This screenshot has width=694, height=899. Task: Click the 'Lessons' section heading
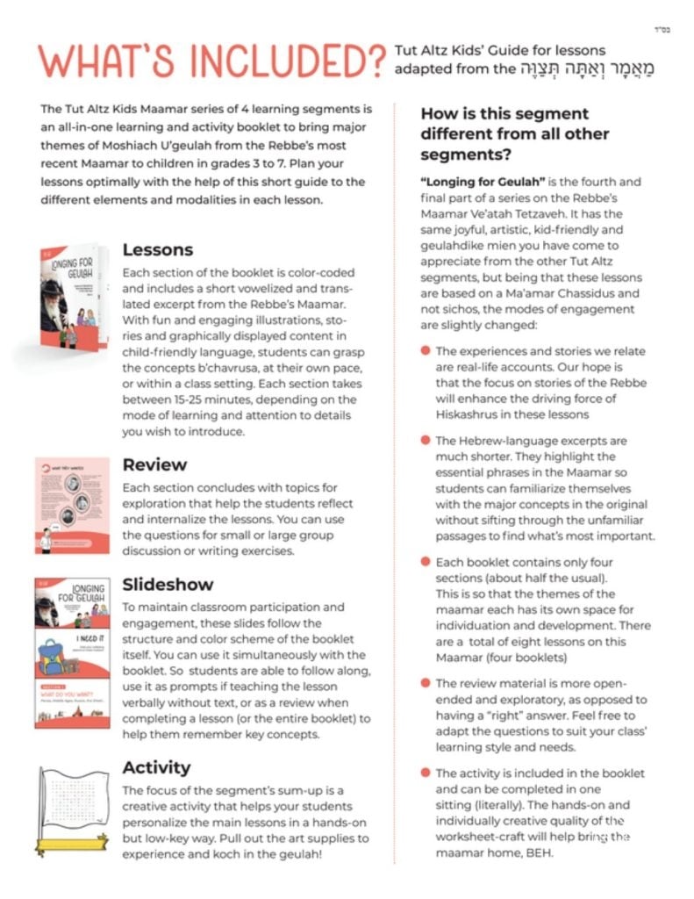tap(159, 249)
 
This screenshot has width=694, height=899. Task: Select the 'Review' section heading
tap(155, 464)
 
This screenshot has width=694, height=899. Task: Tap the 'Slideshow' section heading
tap(168, 584)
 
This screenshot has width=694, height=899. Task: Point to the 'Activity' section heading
tap(157, 766)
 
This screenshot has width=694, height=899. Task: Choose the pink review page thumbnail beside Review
tap(74, 505)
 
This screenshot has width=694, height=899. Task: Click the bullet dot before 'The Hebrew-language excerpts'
tap(426, 440)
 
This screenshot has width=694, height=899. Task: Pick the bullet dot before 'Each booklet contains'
tap(426, 562)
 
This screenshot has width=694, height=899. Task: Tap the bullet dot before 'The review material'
tap(426, 682)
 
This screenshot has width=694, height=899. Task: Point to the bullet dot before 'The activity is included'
tap(426, 773)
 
